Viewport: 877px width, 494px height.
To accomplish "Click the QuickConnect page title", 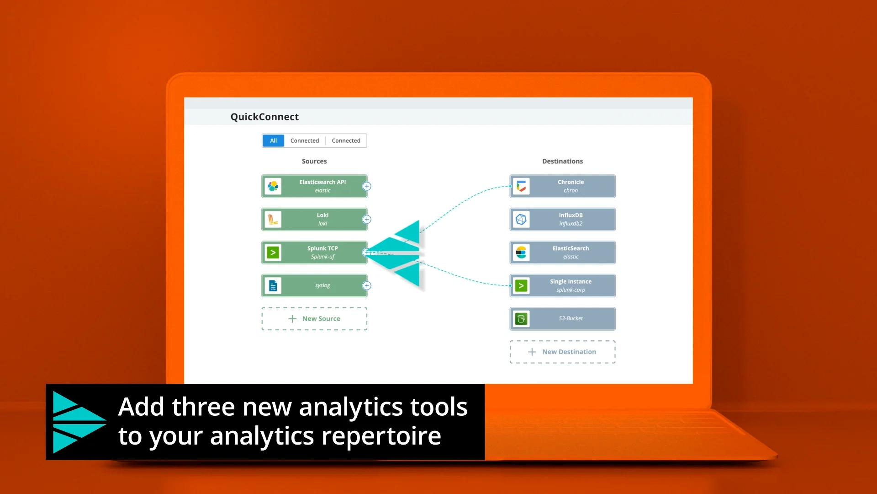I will [x=264, y=117].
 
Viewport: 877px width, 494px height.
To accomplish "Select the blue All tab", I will [x=273, y=140].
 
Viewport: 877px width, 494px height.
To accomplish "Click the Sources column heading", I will [x=314, y=161].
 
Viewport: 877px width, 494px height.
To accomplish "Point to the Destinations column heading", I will [x=562, y=161].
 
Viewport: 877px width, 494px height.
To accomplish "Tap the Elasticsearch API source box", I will [x=322, y=186].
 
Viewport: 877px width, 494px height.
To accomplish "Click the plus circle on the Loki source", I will [x=367, y=220].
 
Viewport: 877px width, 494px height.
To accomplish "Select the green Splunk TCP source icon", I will [x=273, y=252].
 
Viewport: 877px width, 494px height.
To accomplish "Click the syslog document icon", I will [x=273, y=286].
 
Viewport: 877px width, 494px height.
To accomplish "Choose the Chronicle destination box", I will [x=571, y=186].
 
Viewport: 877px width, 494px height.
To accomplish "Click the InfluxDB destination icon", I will [x=521, y=220].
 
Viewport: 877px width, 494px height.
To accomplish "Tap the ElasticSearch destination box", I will [x=571, y=252].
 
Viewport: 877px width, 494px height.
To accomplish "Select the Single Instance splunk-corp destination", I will [x=571, y=286].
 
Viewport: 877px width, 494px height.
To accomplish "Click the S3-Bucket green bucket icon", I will [x=521, y=319].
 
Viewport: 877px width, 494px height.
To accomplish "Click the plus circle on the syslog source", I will [x=367, y=286].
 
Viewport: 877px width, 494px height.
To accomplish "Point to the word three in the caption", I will [x=203, y=407].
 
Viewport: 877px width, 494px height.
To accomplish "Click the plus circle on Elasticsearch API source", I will [x=367, y=186].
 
